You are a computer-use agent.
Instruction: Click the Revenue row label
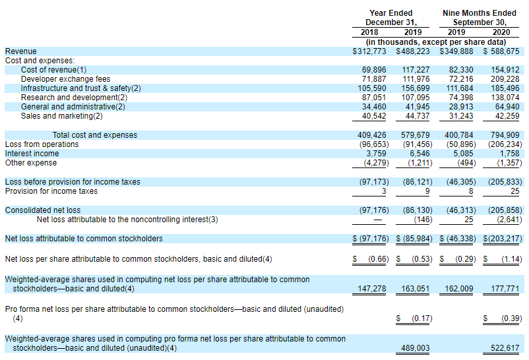coord(21,51)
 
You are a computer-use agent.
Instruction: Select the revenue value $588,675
coord(501,51)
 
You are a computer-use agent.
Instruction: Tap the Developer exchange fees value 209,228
coord(505,79)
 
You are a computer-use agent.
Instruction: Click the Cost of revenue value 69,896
coord(374,70)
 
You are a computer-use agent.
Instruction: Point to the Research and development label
coord(74,98)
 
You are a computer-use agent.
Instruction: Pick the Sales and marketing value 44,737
coord(418,116)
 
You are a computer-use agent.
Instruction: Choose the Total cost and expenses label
coord(95,135)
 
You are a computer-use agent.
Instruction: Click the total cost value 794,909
coord(505,135)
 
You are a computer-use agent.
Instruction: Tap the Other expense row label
coord(31,163)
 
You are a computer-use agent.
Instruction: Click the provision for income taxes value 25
coord(515,191)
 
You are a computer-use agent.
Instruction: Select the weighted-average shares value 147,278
coord(372,289)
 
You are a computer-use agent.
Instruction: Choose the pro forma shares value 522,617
coord(505,348)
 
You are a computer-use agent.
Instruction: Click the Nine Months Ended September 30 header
coord(480,18)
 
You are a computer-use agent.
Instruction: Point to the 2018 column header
coord(369,32)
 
